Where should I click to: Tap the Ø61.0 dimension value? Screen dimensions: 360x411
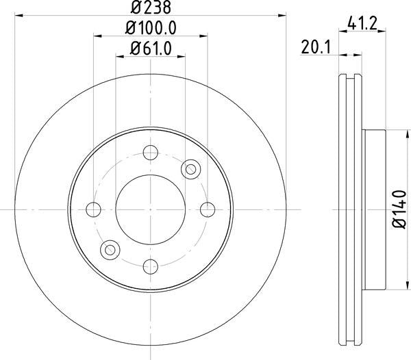click(x=150, y=48)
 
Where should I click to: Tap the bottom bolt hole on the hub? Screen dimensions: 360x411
click(x=150, y=266)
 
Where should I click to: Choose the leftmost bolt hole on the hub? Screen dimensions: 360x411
click(x=94, y=209)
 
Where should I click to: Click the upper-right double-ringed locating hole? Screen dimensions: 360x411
click(x=190, y=168)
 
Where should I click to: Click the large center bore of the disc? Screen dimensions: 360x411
click(x=150, y=209)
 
